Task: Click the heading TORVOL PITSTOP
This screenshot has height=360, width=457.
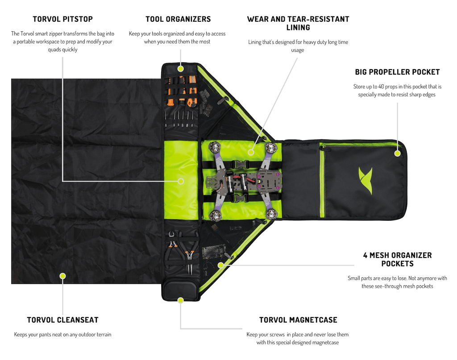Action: [x=62, y=19]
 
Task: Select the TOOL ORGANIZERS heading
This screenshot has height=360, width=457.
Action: [x=178, y=19]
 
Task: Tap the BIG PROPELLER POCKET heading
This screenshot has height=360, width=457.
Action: [x=397, y=72]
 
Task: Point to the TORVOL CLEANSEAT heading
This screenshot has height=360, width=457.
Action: [x=62, y=320]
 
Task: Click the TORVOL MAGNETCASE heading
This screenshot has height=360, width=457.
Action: [x=298, y=320]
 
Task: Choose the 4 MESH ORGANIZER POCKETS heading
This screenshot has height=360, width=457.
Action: [x=397, y=259]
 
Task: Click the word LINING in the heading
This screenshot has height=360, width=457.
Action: [x=298, y=28]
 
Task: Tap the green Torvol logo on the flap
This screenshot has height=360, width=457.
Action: [x=366, y=181]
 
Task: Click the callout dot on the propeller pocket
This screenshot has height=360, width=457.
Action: [x=398, y=153]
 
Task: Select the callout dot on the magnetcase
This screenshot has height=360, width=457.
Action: [x=181, y=300]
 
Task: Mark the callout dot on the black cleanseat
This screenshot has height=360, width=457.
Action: [x=62, y=276]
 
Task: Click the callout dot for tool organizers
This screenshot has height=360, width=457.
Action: [x=181, y=68]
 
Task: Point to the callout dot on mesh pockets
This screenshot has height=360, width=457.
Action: [x=221, y=265]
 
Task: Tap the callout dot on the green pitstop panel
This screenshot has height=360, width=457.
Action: [x=181, y=181]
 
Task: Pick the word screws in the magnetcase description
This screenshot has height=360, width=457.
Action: [x=276, y=335]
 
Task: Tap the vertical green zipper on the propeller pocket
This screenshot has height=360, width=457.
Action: [x=322, y=181]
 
